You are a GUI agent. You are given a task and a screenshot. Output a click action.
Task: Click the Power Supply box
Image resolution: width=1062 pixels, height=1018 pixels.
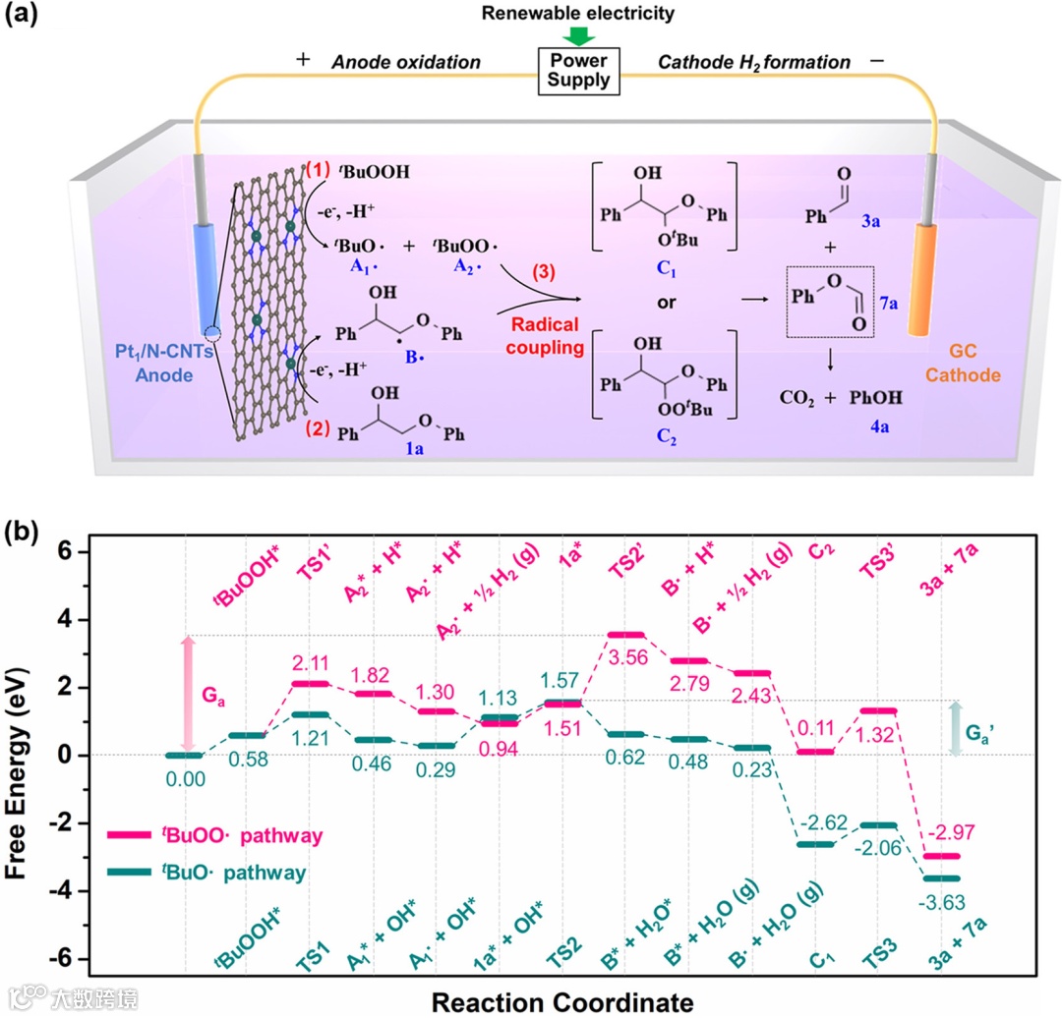(x=580, y=70)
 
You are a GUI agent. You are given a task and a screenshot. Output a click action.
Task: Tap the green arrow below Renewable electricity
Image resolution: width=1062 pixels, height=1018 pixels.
(x=580, y=34)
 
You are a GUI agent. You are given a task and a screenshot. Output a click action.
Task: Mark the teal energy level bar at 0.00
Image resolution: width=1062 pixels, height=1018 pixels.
(x=184, y=755)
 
